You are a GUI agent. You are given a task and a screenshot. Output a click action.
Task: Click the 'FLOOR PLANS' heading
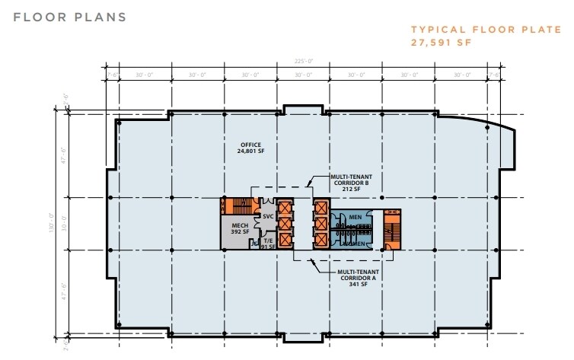pos(69,17)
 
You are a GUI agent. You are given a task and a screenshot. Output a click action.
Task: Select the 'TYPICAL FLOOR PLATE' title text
pos(465,30)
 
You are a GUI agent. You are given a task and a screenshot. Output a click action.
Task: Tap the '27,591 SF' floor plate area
pos(438,43)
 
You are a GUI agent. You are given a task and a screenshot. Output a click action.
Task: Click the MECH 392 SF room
pos(236,231)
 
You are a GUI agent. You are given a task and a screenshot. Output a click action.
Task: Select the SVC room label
pos(267,216)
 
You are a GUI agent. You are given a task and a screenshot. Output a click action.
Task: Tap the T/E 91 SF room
pos(268,243)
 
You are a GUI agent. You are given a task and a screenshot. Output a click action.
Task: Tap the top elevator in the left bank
pos(285,206)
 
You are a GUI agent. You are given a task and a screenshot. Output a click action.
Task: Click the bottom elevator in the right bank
pos(320,241)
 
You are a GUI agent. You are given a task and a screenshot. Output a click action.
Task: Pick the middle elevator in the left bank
pos(285,224)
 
